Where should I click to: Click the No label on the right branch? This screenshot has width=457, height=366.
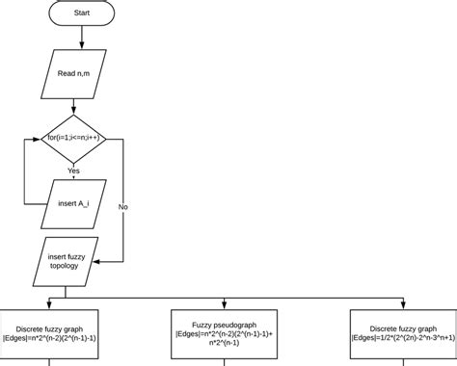[123, 206]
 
